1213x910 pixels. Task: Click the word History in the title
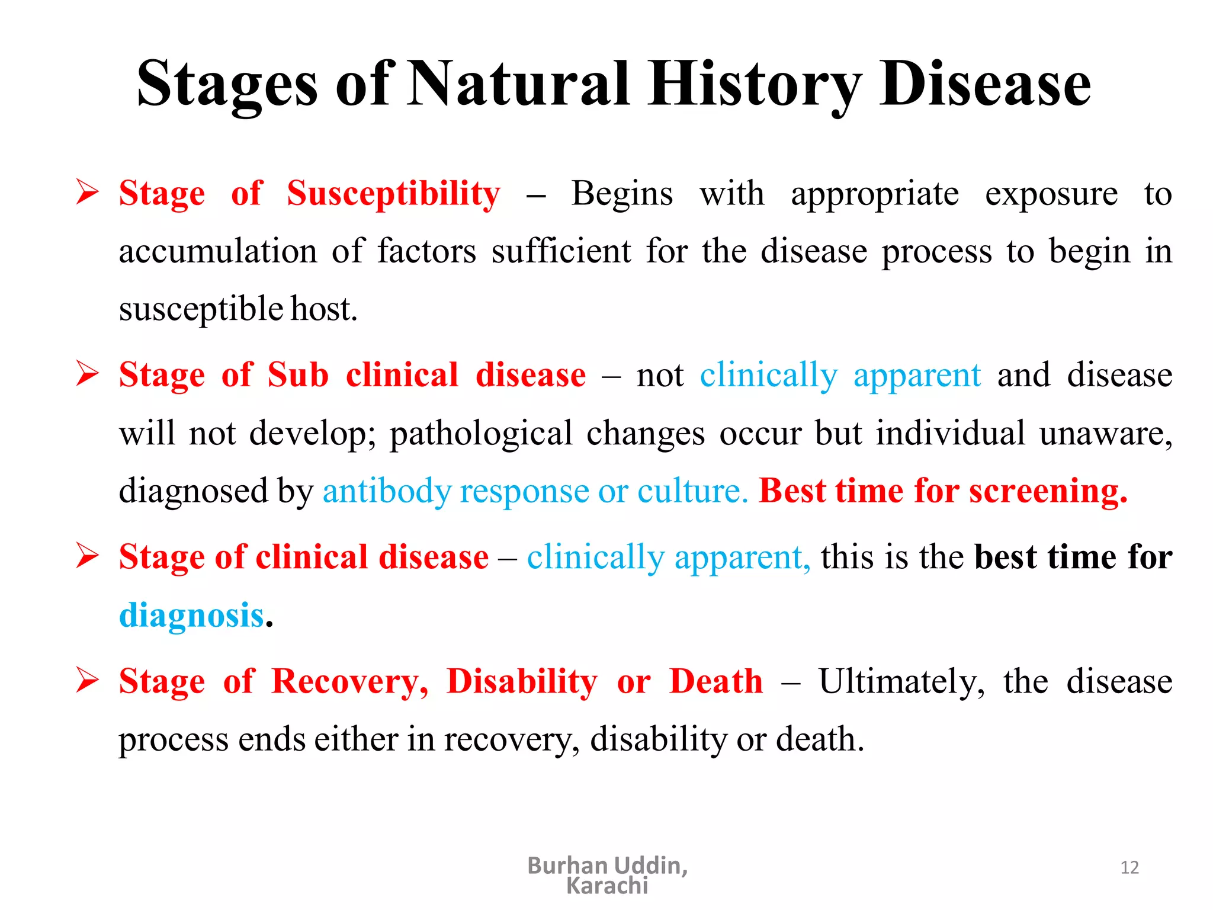tap(753, 84)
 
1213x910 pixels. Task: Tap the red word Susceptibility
tap(393, 194)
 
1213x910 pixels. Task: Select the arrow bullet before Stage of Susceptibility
tap(88, 193)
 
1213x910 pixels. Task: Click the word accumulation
tap(217, 251)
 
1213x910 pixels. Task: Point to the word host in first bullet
tap(323, 309)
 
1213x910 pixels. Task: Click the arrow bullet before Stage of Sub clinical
tap(88, 374)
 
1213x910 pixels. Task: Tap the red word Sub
tap(298, 376)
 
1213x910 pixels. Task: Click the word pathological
tap(480, 434)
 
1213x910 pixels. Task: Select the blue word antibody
tap(387, 492)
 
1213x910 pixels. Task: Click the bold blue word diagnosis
tap(191, 616)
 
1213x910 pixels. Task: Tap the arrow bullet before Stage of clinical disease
tap(88, 556)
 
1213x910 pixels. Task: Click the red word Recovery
tap(349, 682)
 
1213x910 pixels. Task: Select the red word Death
tap(716, 682)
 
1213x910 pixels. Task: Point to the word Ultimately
tap(901, 682)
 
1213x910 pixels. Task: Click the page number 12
tap(1129, 868)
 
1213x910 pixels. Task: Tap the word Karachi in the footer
tap(607, 886)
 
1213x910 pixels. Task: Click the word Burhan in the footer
tap(567, 866)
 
